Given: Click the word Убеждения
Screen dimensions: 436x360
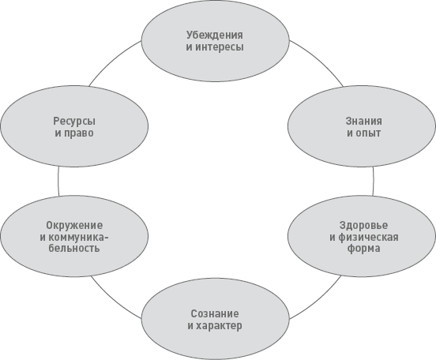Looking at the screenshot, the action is tap(214, 36).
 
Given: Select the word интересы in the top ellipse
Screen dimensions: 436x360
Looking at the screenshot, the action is tap(219, 47).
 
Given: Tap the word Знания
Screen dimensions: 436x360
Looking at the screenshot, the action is tap(363, 122).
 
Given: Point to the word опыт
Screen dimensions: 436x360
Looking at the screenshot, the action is tap(367, 133).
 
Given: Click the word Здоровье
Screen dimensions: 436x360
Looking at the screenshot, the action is tap(363, 225).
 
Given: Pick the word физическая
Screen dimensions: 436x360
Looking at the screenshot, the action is tap(368, 237).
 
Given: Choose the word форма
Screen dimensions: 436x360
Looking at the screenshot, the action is tap(363, 248).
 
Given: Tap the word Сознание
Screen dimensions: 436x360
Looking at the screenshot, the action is tap(215, 313).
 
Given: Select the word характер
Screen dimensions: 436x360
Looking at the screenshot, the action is tap(219, 325).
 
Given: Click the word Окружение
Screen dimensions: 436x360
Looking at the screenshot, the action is tap(74, 225).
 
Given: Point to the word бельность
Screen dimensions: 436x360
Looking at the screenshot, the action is tap(74, 248).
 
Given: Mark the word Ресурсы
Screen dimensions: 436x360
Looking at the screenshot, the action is tap(74, 122).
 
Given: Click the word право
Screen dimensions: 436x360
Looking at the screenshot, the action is tap(78, 133).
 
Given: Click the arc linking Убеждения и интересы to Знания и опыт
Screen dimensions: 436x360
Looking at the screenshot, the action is tap(320, 59).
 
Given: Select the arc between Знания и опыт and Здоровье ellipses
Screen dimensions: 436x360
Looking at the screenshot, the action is tap(374, 181).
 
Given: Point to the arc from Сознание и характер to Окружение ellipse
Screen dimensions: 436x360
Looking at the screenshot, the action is tap(113, 300).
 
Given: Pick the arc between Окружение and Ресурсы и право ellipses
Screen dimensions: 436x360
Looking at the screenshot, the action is tap(58, 181).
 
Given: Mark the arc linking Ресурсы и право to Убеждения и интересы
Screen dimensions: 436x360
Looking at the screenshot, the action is tap(112, 61).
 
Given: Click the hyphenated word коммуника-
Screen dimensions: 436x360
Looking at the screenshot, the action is tap(78, 237).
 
